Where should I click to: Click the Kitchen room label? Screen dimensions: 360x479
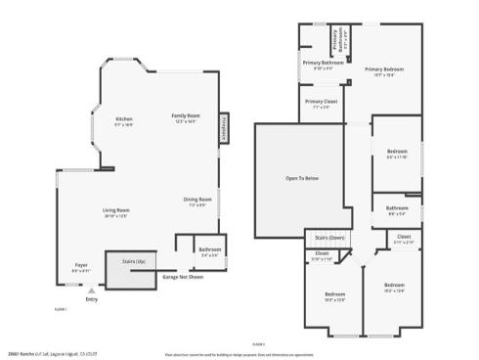pyautogui.click(x=124, y=118)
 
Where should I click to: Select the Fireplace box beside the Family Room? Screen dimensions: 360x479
pyautogui.click(x=224, y=128)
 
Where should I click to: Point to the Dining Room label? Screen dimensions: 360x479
pyautogui.click(x=198, y=201)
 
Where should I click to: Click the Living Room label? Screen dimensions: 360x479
pyautogui.click(x=117, y=210)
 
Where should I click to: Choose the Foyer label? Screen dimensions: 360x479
pyautogui.click(x=82, y=265)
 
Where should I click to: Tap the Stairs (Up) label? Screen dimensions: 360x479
pyautogui.click(x=133, y=262)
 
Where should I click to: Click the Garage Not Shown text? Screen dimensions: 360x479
pyautogui.click(x=183, y=276)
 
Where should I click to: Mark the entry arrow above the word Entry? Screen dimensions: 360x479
pyautogui.click(x=92, y=291)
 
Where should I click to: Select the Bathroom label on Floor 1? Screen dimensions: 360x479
pyautogui.click(x=209, y=249)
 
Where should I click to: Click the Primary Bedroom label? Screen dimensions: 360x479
pyautogui.click(x=385, y=69)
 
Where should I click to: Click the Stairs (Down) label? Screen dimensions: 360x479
pyautogui.click(x=327, y=237)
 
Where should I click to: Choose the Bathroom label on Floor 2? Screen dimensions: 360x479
pyautogui.click(x=397, y=207)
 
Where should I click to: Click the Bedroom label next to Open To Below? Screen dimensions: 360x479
pyautogui.click(x=397, y=152)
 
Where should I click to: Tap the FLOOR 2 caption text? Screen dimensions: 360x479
pyautogui.click(x=258, y=343)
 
